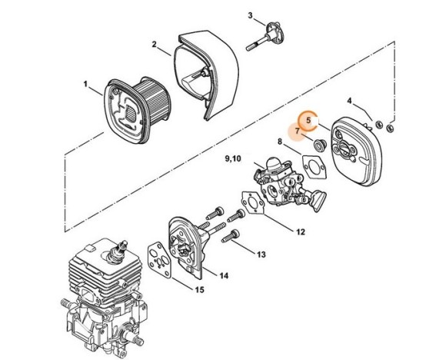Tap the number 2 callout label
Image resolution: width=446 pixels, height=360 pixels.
[155, 45]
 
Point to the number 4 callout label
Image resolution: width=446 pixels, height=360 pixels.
[349, 101]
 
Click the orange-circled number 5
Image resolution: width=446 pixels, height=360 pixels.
[308, 119]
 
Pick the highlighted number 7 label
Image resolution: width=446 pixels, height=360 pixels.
[297, 132]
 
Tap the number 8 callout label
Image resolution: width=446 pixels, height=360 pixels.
[279, 140]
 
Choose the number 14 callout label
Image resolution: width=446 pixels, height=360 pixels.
[222, 275]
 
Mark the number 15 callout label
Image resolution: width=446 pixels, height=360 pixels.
[198, 290]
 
